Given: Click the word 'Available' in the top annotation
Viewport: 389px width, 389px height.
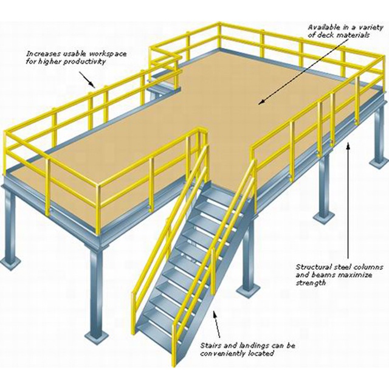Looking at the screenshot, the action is pos(322,27).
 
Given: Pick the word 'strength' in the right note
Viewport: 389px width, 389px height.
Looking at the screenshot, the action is pos(311,283).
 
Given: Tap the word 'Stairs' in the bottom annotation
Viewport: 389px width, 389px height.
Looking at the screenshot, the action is pos(211,345).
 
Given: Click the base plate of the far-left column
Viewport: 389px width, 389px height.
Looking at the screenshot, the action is pos(10,263).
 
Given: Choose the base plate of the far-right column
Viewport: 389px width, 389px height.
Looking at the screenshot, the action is pos(379,164).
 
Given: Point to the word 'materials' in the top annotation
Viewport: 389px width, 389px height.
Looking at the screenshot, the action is pos(353,35).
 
